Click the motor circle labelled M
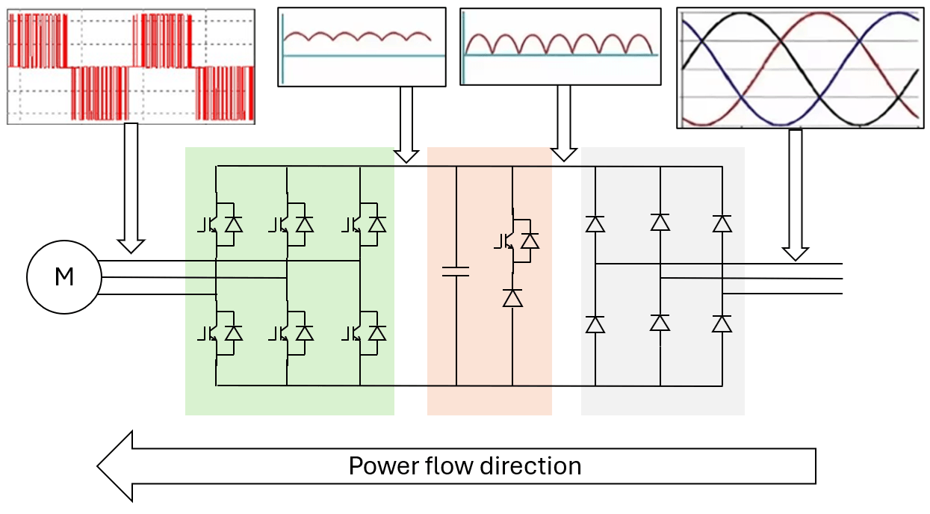coord(63,277)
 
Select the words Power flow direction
coord(465,466)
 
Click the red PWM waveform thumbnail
coord(131,66)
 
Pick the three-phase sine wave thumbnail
coord(798,68)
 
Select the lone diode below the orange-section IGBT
coord(512,298)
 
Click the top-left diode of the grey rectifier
coord(595,223)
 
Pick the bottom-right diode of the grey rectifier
coord(722,323)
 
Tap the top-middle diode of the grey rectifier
coord(660,222)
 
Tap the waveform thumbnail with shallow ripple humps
coord(362,46)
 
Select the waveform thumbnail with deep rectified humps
coord(560,46)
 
